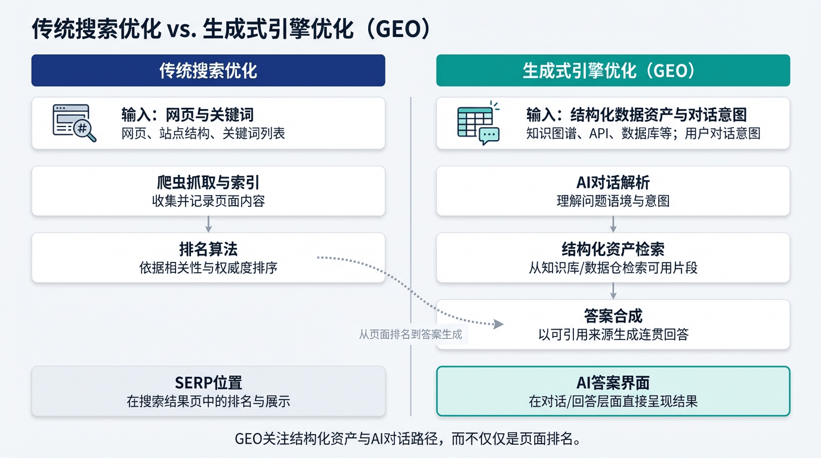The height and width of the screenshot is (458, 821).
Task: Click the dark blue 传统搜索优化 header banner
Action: pyautogui.click(x=208, y=70)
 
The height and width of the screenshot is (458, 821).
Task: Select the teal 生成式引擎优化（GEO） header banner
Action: pyautogui.click(x=613, y=70)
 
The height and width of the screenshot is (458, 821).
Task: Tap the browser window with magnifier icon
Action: pyautogui.click(x=74, y=123)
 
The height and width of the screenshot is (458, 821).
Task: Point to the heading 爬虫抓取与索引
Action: pyautogui.click(x=208, y=183)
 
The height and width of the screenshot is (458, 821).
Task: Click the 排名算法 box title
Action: pyautogui.click(x=208, y=250)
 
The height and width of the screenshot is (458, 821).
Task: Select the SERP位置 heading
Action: pyautogui.click(x=208, y=383)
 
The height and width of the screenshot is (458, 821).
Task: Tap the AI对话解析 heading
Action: pyautogui.click(x=613, y=183)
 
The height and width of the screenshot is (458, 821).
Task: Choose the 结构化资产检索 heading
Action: pyautogui.click(x=613, y=250)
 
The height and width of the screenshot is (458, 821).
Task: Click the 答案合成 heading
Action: pyautogui.click(x=613, y=316)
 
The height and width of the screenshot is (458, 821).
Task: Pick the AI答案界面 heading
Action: pyautogui.click(x=613, y=383)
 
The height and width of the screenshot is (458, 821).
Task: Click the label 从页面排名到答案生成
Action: pyautogui.click(x=410, y=335)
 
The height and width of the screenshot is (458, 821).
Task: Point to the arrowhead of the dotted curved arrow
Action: pyautogui.click(x=499, y=324)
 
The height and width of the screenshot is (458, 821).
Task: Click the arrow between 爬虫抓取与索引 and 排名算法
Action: pyautogui.click(x=208, y=224)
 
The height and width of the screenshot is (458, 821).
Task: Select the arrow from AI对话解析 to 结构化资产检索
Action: pyautogui.click(x=613, y=224)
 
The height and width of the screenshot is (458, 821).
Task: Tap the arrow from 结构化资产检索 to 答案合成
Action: pyautogui.click(x=613, y=290)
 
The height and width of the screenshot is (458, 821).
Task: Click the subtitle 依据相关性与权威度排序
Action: pyautogui.click(x=208, y=268)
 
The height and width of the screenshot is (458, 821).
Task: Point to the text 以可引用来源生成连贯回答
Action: pyautogui.click(x=613, y=335)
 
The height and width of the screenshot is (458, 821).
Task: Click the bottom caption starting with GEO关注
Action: pyautogui.click(x=408, y=439)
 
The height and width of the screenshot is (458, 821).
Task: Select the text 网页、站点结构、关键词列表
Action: pyautogui.click(x=203, y=133)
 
